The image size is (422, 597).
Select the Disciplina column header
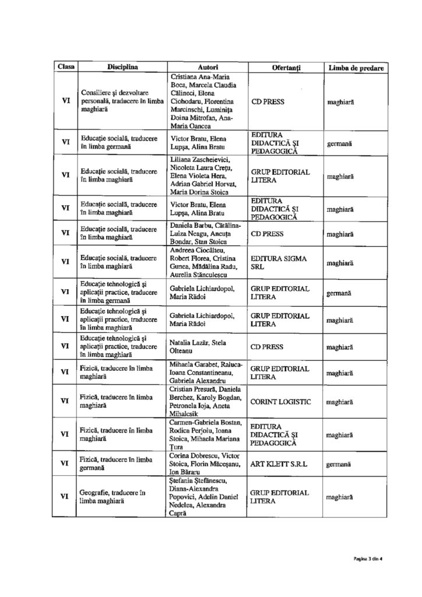point(122,68)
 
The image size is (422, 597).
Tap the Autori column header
point(208,68)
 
